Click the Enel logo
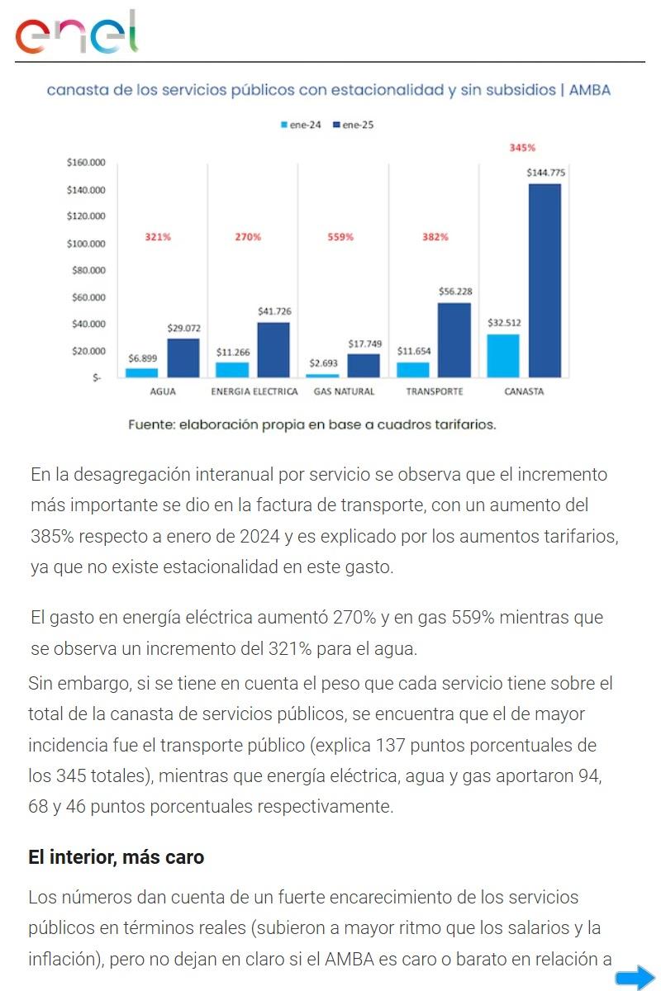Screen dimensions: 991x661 point(77,33)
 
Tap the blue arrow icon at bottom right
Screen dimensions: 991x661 point(635,978)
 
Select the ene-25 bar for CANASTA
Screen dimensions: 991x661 point(544,280)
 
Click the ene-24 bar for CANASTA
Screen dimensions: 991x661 point(503,355)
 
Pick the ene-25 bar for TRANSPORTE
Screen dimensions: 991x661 point(454,339)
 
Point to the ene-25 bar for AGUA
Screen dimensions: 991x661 point(183,358)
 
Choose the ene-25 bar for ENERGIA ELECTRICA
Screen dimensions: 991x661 point(273,349)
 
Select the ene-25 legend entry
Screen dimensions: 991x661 point(354,125)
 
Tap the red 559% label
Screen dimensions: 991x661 point(340,237)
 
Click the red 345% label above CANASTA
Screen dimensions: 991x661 point(522,148)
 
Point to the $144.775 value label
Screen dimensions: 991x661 point(545,173)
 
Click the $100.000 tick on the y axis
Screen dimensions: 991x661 point(86,244)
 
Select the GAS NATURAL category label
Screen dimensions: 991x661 point(344,391)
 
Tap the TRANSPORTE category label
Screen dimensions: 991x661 point(435,391)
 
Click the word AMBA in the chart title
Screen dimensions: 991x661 point(590,90)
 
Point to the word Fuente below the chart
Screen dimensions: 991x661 point(153,424)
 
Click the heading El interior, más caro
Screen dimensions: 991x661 point(116,857)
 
